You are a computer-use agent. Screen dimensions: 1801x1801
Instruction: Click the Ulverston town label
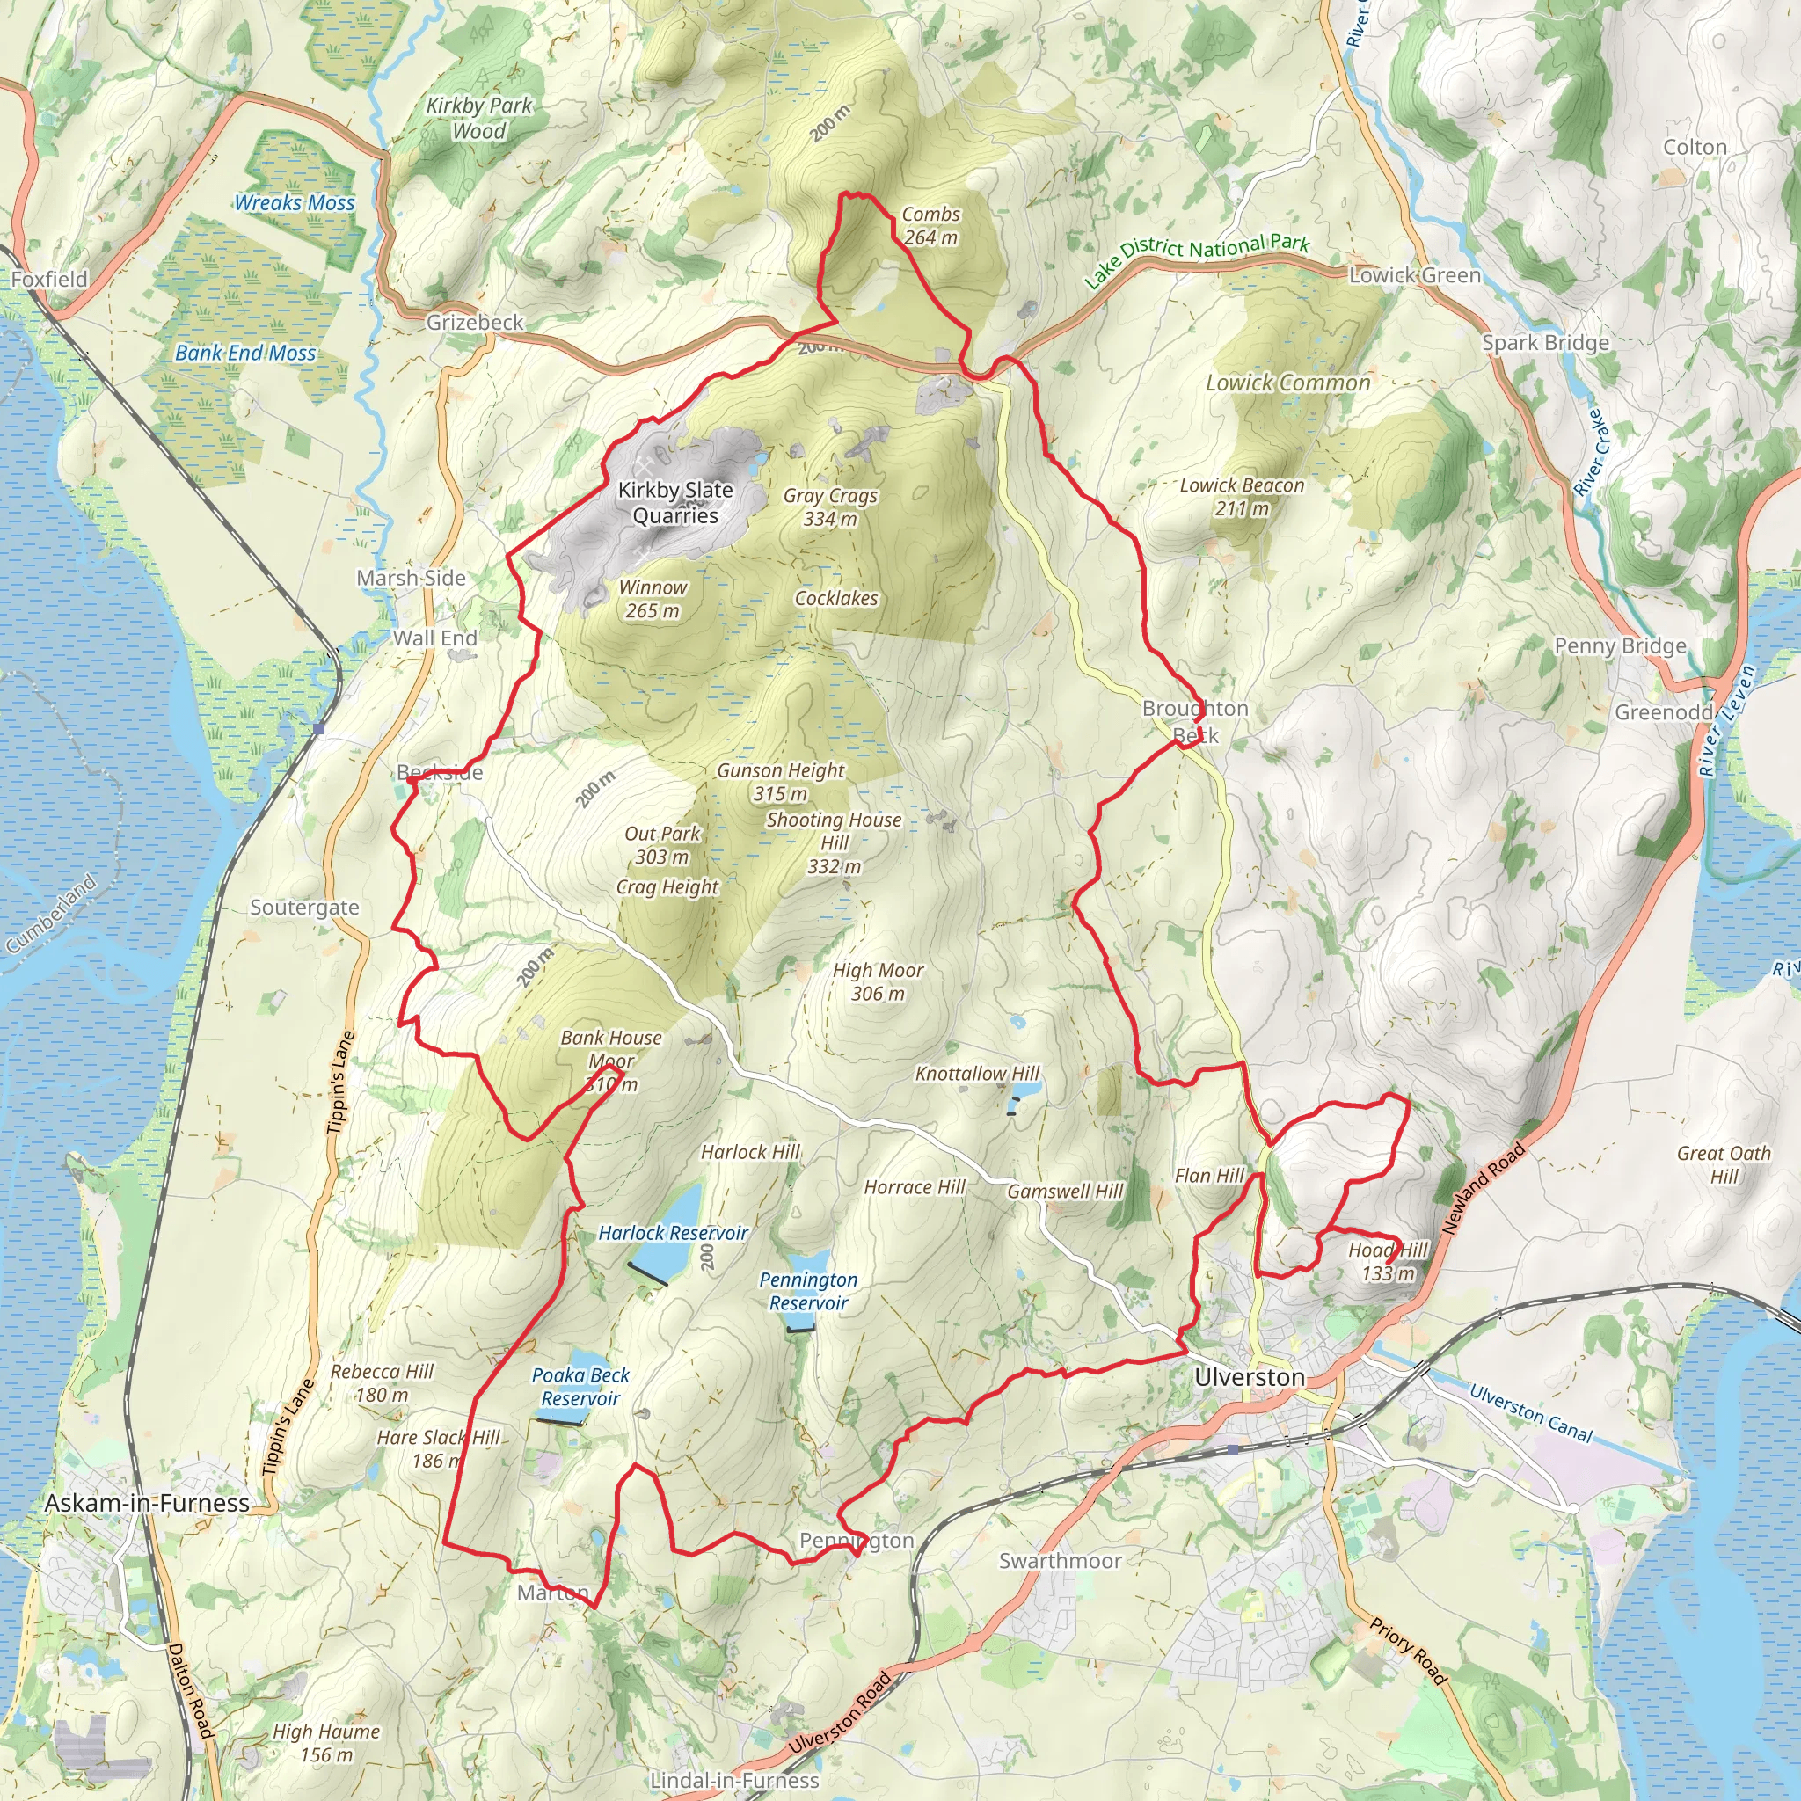pyautogui.click(x=1249, y=1377)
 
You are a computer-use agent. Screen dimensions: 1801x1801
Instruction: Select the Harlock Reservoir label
pyautogui.click(x=672, y=1232)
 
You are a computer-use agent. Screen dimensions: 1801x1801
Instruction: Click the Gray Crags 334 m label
pyautogui.click(x=829, y=507)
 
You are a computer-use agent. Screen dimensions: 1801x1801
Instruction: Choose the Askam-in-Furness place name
pyautogui.click(x=147, y=1503)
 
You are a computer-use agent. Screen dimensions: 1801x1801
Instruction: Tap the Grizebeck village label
pyautogui.click(x=475, y=323)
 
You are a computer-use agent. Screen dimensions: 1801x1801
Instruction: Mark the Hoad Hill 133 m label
pyautogui.click(x=1387, y=1261)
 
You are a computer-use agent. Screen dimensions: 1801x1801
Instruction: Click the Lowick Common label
pyautogui.click(x=1287, y=383)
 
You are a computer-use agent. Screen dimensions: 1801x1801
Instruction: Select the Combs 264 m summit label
pyautogui.click(x=930, y=226)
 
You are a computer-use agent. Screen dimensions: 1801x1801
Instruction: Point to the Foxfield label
pyautogui.click(x=49, y=279)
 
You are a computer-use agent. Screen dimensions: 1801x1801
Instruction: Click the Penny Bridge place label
pyautogui.click(x=1620, y=646)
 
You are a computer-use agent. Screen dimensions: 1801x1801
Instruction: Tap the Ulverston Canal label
pyautogui.click(x=1530, y=1412)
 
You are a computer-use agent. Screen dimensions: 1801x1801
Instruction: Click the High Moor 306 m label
pyautogui.click(x=877, y=981)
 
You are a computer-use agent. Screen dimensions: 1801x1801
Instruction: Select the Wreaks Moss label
pyautogui.click(x=294, y=202)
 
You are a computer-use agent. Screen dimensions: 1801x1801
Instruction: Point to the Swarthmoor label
pyautogui.click(x=1060, y=1561)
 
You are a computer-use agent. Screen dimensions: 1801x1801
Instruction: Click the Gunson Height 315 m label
pyautogui.click(x=780, y=782)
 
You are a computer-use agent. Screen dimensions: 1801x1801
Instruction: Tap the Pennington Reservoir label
pyautogui.click(x=807, y=1291)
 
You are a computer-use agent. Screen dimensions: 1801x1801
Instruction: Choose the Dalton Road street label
pyautogui.click(x=191, y=1690)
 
